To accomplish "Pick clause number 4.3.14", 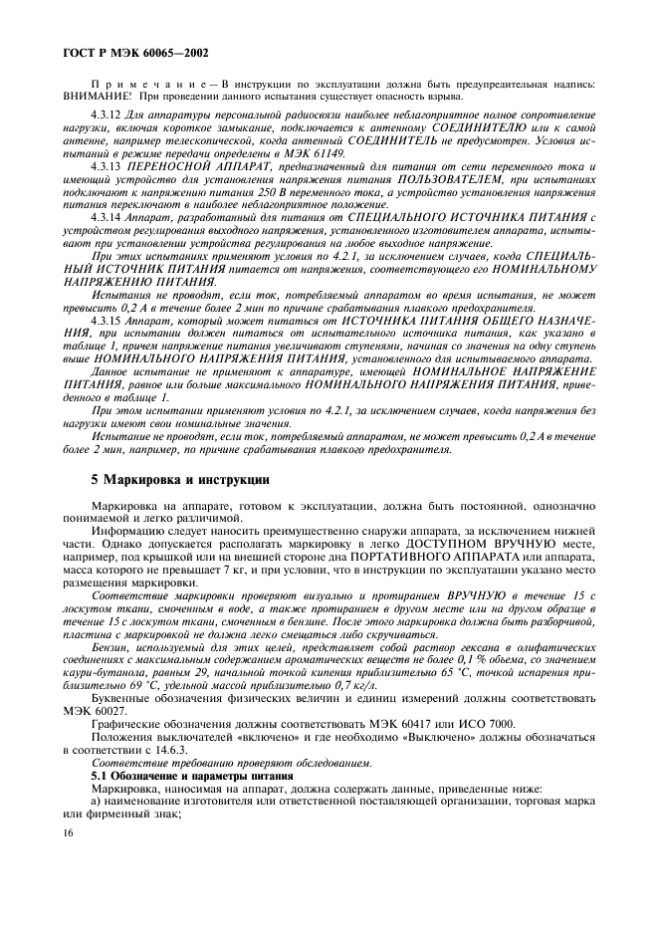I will coord(106,215).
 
